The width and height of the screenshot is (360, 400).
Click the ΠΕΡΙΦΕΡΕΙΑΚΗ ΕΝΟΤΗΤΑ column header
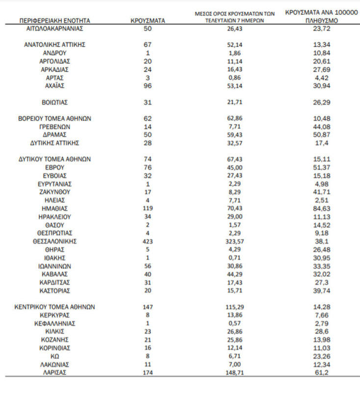55,21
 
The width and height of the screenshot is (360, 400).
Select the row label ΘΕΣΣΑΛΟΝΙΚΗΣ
55,241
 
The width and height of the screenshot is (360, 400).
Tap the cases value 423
148,241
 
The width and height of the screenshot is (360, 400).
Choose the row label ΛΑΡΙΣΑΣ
55,373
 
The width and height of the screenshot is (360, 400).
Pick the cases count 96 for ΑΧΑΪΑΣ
148,85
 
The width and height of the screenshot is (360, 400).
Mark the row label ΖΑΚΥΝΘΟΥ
55,192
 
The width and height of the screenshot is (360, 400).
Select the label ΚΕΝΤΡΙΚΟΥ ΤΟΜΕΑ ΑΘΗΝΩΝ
55,307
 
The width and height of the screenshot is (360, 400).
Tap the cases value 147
148,307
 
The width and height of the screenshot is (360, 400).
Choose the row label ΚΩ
55,356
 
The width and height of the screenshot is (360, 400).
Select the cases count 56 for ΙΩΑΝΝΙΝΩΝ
148,266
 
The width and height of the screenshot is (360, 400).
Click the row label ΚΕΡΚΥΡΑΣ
55,315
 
